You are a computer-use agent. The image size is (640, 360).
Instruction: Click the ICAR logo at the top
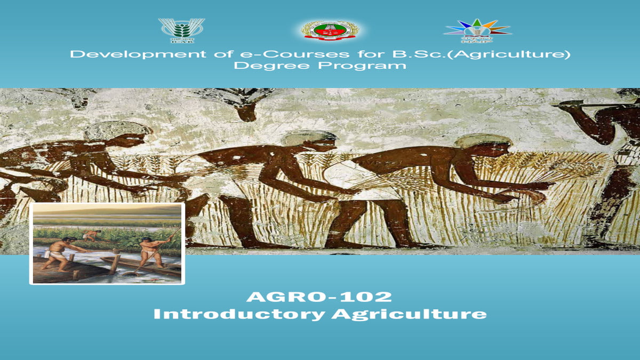pos(181,30)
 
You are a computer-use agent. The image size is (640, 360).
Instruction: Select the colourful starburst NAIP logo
pos(477,30)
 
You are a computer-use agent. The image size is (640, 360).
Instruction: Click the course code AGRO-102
pos(319,297)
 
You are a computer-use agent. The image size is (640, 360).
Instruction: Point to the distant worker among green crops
pos(92,235)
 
